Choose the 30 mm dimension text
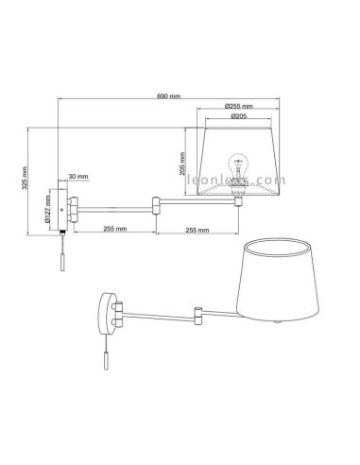[78, 178]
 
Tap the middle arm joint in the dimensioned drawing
[155, 201]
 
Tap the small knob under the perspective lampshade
[275, 324]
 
